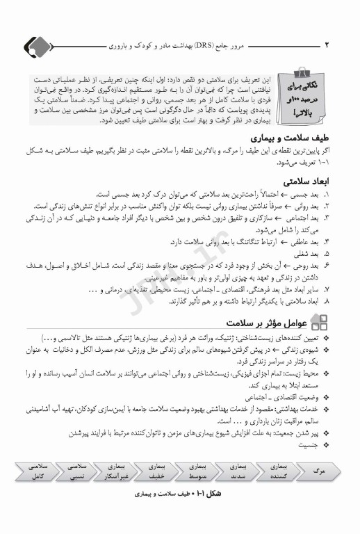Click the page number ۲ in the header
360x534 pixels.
coord(326,44)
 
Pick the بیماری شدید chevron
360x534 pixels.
coord(238,471)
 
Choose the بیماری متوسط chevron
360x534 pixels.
coord(198,471)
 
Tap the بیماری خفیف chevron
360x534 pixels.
coord(157,471)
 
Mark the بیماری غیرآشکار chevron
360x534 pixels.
coord(116,471)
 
